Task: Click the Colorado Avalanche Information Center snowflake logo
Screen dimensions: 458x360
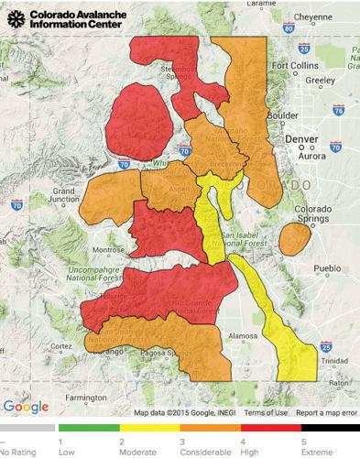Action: pyautogui.click(x=16, y=18)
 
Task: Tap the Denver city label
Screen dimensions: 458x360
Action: pyautogui.click(x=300, y=138)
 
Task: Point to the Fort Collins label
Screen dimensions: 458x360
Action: pyautogui.click(x=292, y=66)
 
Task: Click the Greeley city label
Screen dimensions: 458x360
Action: pyautogui.click(x=321, y=80)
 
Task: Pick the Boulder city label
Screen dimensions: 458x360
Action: pyautogui.click(x=281, y=115)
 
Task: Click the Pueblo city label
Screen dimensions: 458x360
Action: pyautogui.click(x=327, y=268)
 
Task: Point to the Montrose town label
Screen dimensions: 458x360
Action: pyautogui.click(x=109, y=250)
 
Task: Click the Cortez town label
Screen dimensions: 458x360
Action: pyautogui.click(x=61, y=345)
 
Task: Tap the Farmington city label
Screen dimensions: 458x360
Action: pyautogui.click(x=85, y=398)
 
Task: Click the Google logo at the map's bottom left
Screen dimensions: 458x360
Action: pyautogui.click(x=26, y=406)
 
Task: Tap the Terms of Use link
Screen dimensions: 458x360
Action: pyautogui.click(x=267, y=412)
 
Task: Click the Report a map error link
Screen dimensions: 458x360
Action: pyautogui.click(x=325, y=412)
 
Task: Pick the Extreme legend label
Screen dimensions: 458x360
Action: pyautogui.click(x=317, y=452)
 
